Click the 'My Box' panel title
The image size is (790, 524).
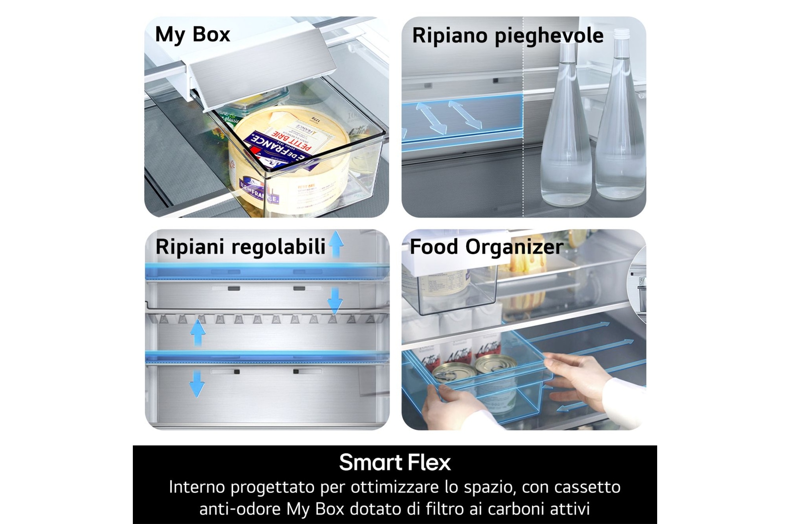193,35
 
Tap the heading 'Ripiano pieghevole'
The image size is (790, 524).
508,36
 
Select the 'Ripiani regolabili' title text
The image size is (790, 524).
240,247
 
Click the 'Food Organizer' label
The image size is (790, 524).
486,247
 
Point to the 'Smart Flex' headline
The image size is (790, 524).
395,462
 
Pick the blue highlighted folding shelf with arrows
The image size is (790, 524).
462,118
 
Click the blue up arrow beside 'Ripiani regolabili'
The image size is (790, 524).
336,244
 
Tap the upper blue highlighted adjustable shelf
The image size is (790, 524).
267,271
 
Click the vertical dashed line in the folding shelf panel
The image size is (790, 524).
523,148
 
